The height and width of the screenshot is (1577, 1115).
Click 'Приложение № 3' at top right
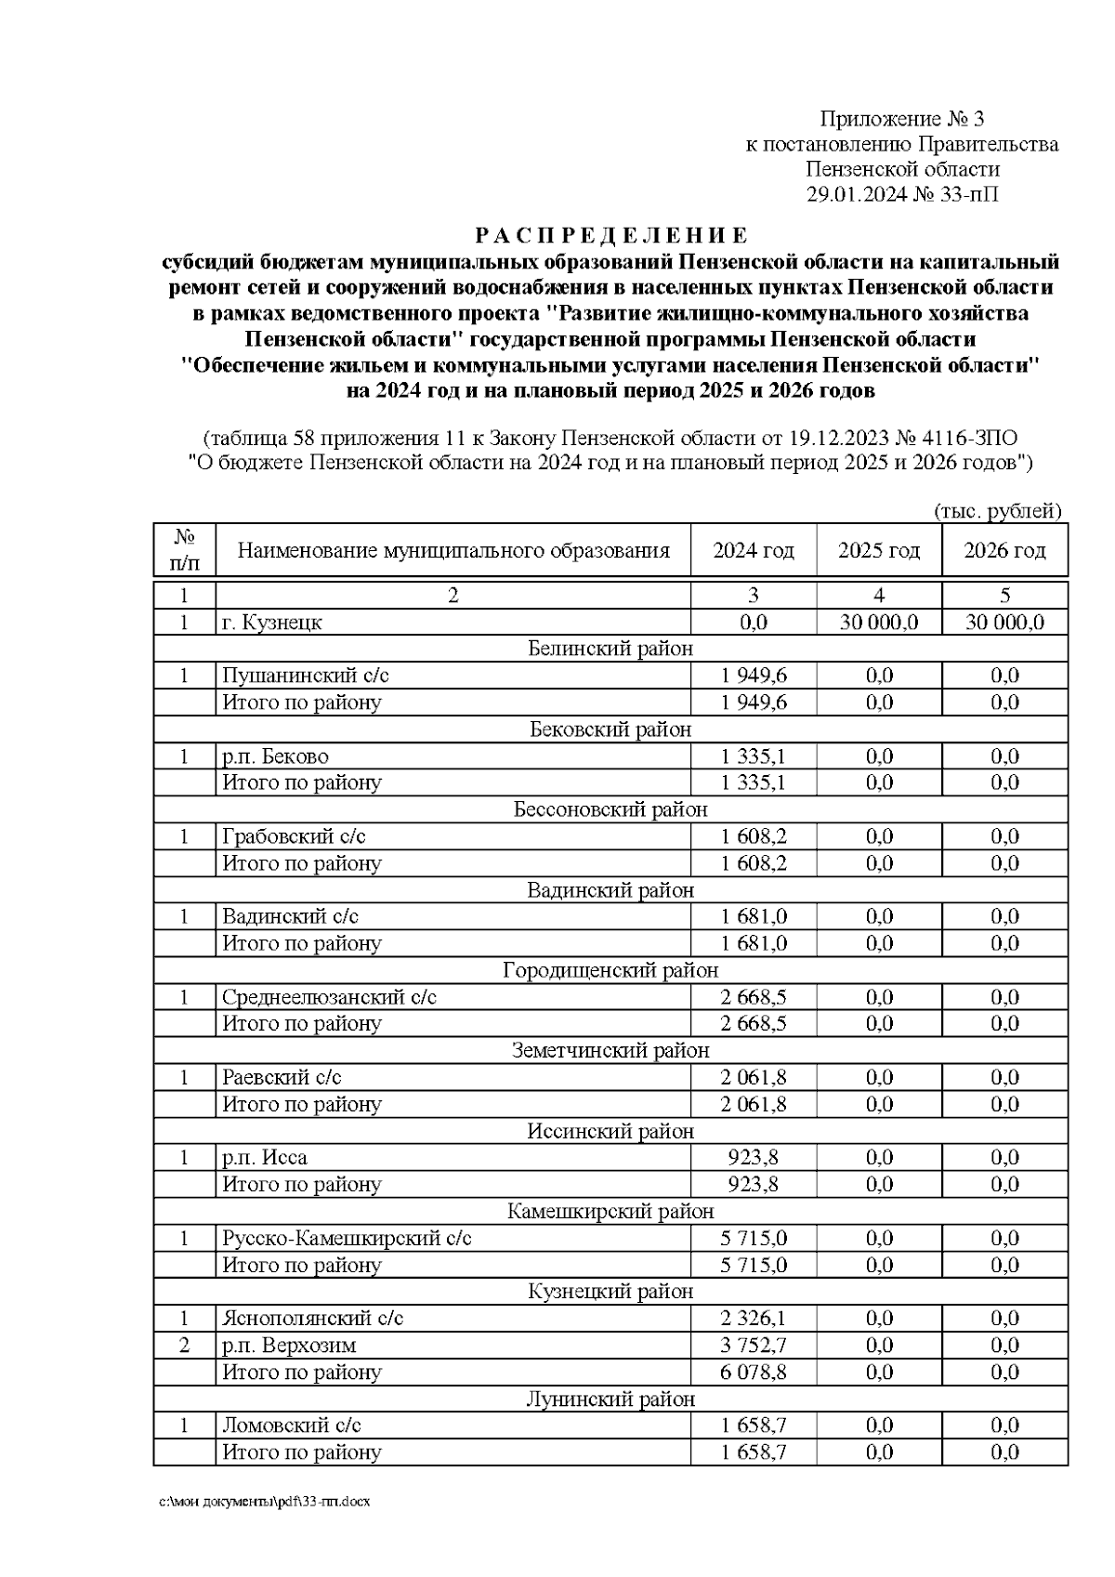coord(900,119)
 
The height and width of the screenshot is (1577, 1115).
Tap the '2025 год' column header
coord(878,551)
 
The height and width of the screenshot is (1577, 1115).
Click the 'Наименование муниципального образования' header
coord(453,551)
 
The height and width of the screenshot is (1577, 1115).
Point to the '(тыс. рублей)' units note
coord(997,510)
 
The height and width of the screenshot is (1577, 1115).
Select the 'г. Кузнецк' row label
coord(272,623)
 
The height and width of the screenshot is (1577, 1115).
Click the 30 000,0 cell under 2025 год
coord(878,623)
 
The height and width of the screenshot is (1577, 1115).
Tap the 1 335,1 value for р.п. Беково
coord(753,756)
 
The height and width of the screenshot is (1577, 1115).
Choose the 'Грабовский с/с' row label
coord(294,836)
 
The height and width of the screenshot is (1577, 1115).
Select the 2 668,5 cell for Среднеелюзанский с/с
coord(753,997)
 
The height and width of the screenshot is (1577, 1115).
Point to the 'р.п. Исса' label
coord(264,1158)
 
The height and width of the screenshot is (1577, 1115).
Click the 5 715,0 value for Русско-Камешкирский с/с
coord(753,1239)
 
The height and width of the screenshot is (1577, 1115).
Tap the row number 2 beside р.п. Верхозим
coord(184,1346)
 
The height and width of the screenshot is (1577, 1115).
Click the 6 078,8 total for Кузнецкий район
coord(753,1373)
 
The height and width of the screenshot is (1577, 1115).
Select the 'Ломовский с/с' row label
coord(292,1426)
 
